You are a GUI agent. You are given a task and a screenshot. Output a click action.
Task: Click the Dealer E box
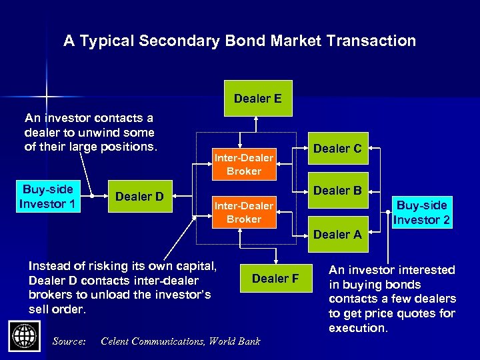coord(257,99)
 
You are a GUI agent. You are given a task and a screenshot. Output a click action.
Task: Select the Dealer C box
coord(337,149)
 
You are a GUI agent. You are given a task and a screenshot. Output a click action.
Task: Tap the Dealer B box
coord(337,191)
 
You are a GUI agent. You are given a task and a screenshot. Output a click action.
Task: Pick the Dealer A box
coord(337,234)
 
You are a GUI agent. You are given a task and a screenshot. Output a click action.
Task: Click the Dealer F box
coord(275,279)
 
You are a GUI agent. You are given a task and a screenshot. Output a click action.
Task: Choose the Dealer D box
coord(140,196)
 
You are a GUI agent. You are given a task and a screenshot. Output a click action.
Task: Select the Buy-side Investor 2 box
coord(421,212)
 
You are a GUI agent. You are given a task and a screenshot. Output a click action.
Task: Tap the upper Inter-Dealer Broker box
coord(243,164)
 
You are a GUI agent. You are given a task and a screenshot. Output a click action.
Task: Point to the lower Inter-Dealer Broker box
coord(243,212)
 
